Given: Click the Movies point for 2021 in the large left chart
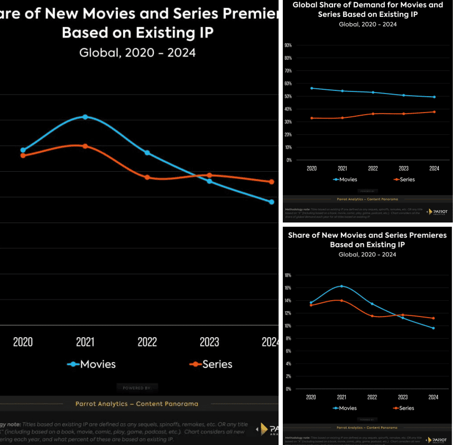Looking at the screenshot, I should (85, 117).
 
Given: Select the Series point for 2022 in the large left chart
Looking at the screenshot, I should (147, 177).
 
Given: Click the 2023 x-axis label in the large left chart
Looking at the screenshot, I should (209, 342).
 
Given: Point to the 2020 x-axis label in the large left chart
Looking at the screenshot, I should (23, 342).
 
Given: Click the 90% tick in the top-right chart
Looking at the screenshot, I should (289, 45).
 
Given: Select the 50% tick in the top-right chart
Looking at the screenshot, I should (289, 96).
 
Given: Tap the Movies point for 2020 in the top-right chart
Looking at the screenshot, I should (312, 88).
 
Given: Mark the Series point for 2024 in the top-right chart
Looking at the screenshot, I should (434, 112).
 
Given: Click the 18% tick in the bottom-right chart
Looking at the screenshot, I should (288, 275).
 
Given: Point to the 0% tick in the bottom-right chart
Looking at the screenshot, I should (289, 389).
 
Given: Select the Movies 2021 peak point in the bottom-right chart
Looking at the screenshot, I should (341, 286).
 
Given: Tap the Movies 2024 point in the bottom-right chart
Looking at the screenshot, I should (433, 328).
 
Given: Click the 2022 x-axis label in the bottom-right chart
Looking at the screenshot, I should (372, 397).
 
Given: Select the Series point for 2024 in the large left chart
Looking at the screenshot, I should (272, 182).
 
